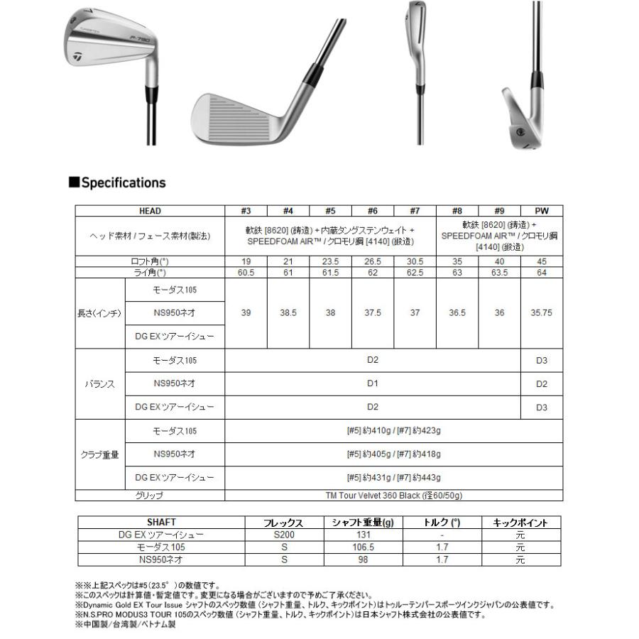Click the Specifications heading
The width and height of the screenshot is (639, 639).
pyautogui.click(x=117, y=182)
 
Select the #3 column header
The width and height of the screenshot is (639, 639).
pyautogui.click(x=246, y=211)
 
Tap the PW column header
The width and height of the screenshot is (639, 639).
pyautogui.click(x=542, y=211)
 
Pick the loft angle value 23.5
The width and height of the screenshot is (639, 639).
pyautogui.click(x=330, y=261)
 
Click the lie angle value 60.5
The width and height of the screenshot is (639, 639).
pyautogui.click(x=246, y=272)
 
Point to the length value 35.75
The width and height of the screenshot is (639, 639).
pyautogui.click(x=542, y=313)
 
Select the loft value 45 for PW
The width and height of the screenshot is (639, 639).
pyautogui.click(x=542, y=261)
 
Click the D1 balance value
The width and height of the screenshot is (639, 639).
pyautogui.click(x=373, y=383)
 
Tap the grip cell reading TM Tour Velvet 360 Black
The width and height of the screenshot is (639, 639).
pyautogui.click(x=393, y=496)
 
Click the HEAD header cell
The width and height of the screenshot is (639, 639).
pyautogui.click(x=150, y=211)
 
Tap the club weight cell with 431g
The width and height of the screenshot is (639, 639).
pyautogui.click(x=393, y=478)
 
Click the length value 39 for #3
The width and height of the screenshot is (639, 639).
pyautogui.click(x=246, y=313)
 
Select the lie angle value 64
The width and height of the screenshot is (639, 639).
pyautogui.click(x=542, y=272)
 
